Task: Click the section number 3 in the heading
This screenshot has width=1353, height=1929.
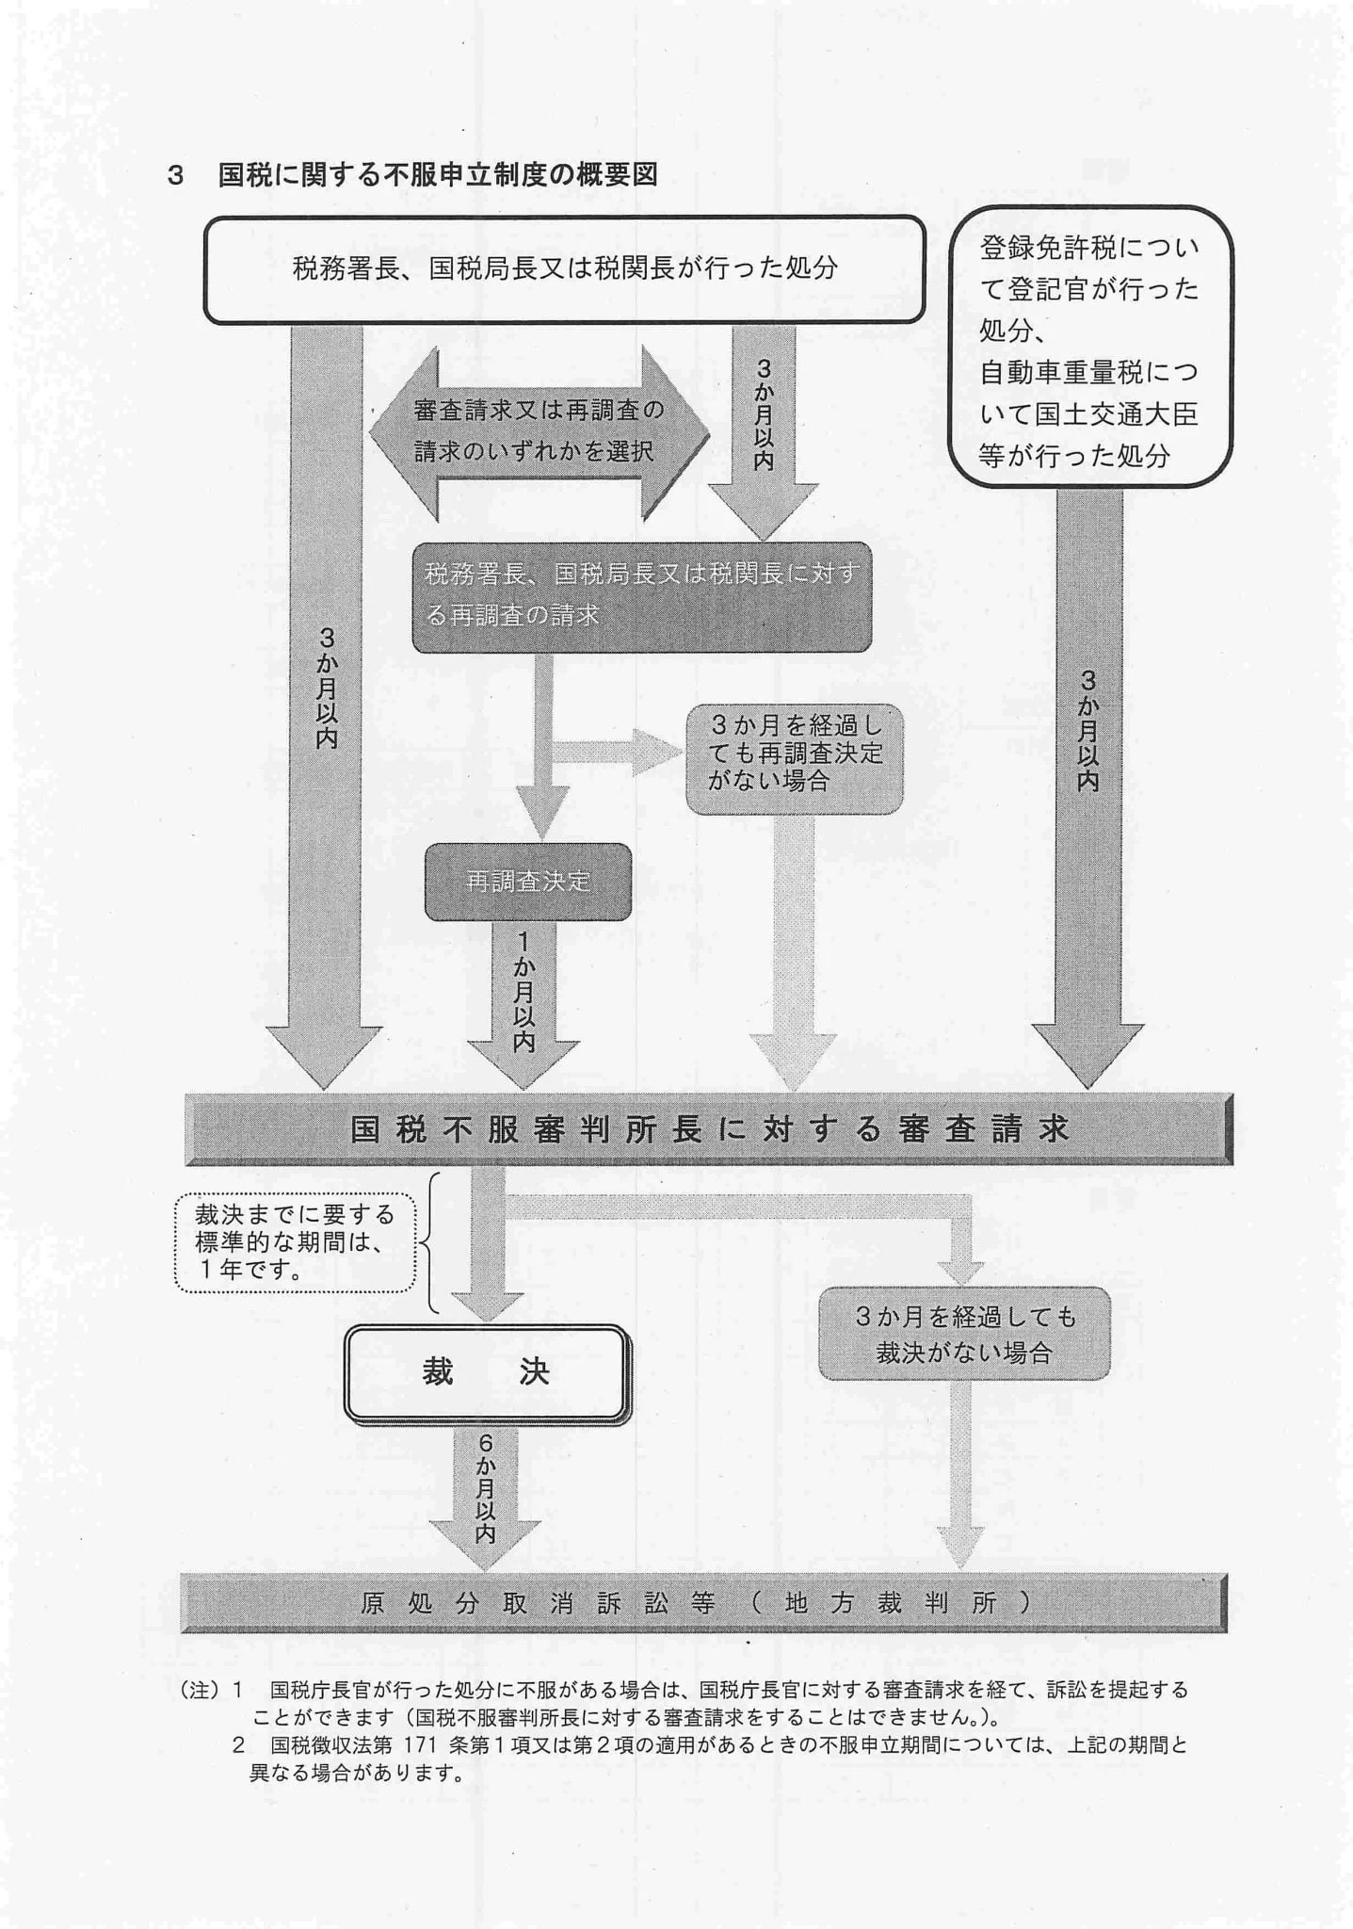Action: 174,176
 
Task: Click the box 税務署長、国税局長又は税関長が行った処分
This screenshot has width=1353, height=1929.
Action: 564,269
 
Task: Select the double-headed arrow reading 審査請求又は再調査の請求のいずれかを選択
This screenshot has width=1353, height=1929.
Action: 539,432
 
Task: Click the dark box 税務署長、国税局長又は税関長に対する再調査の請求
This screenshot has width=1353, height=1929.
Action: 641,595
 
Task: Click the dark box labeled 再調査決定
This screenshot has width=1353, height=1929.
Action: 527,882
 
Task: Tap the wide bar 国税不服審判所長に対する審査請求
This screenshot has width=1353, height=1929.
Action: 709,1128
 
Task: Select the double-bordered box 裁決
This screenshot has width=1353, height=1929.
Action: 486,1372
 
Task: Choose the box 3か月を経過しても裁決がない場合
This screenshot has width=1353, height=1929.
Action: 963,1334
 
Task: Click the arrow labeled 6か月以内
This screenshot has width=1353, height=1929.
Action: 485,1488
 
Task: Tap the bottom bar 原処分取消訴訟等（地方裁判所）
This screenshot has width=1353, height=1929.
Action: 702,1602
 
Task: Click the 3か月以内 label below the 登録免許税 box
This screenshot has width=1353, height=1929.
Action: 1087,730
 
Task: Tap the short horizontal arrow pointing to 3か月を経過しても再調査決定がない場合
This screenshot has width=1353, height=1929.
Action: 617,752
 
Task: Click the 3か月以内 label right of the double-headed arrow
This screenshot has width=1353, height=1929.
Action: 764,415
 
